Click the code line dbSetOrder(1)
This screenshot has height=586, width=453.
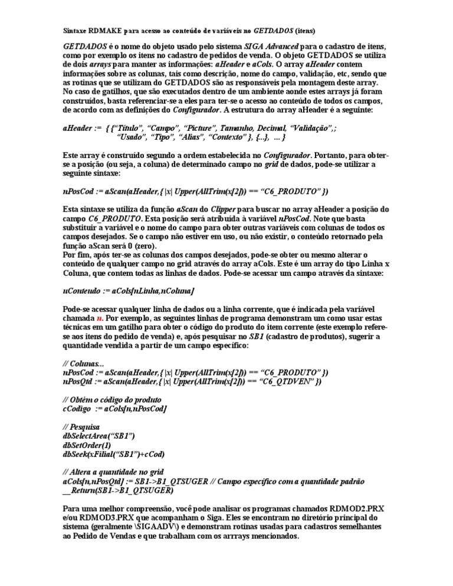click(86, 446)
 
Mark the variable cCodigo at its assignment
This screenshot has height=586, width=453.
click(78, 409)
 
